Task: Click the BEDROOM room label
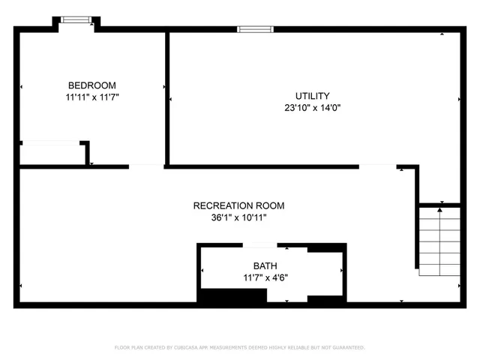point(92,85)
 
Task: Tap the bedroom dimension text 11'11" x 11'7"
point(92,97)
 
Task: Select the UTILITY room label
point(312,96)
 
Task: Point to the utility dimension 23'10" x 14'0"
point(312,108)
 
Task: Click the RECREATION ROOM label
point(238,205)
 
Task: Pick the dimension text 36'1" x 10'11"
point(238,217)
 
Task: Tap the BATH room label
point(265,266)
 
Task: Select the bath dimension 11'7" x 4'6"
point(265,277)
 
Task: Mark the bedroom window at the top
point(74,19)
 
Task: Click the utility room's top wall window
point(255,29)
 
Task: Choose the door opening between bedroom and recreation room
point(147,166)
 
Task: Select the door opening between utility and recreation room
point(377,166)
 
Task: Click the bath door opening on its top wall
point(261,245)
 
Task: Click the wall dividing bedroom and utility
point(166,97)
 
